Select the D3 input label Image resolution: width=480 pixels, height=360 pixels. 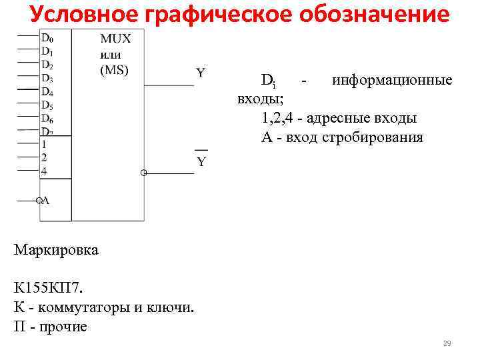tap(47, 79)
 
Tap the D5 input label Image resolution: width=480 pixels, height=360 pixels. tap(47, 105)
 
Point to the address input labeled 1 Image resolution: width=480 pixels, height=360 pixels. tap(44, 144)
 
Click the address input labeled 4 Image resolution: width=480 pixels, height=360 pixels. tap(44, 171)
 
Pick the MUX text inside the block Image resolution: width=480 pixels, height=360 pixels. tap(115, 39)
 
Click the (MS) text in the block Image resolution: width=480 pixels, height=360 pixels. tap(114, 69)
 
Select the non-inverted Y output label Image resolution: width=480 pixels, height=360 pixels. tap(200, 72)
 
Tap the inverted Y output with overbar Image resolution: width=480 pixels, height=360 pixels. tap(201, 161)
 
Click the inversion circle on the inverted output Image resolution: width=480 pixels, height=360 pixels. tap(143, 173)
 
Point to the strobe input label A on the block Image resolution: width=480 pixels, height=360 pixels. tap(47, 200)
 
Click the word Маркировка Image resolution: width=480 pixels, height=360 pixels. tap(56, 251)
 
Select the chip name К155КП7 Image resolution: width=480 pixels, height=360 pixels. tap(49, 288)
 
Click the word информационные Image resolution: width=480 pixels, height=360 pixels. tap(392, 81)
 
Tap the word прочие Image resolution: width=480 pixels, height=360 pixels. tap(63, 327)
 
